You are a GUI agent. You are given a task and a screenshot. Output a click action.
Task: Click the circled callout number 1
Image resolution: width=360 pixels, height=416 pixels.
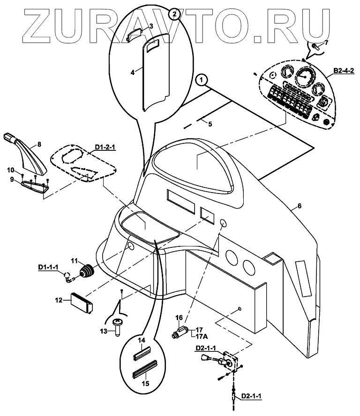point(201,80)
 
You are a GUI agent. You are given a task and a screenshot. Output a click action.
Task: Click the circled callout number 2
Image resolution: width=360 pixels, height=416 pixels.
point(174,14)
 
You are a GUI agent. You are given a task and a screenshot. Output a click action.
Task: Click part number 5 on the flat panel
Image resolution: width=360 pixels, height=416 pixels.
point(210,124)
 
